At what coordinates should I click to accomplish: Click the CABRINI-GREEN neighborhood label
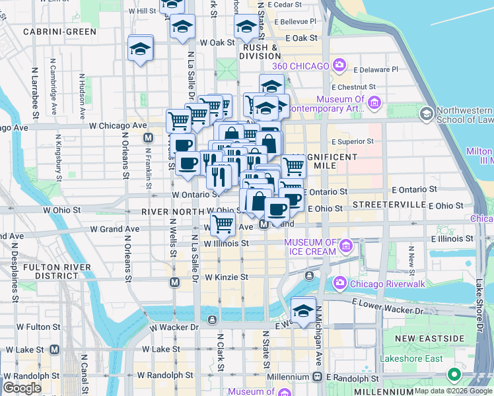click(59, 31)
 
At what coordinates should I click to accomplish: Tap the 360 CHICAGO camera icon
click(340, 65)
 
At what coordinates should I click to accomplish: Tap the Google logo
click(22, 387)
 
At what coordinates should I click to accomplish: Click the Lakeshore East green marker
click(454, 375)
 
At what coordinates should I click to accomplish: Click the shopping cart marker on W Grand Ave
click(223, 224)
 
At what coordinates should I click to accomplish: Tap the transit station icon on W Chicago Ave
click(148, 138)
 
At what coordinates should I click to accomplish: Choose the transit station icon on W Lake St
click(55, 348)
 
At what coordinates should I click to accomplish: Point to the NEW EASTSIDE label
click(429, 339)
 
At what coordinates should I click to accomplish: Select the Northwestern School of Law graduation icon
click(427, 114)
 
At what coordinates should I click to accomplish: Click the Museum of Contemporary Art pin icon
click(375, 102)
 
